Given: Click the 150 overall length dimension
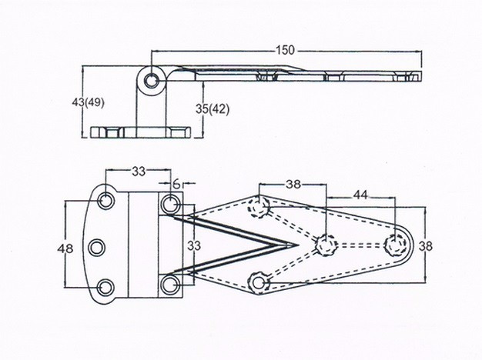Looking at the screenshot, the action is [x=286, y=50].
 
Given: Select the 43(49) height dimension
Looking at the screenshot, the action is [x=89, y=102].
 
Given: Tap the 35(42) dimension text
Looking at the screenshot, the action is [x=213, y=109].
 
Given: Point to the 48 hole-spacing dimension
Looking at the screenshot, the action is [x=65, y=248].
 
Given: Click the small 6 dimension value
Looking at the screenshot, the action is [x=176, y=184].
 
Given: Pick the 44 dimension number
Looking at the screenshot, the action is [x=360, y=195].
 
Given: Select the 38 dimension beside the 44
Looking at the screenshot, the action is [x=293, y=185].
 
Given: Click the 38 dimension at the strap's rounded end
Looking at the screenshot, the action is [x=426, y=245].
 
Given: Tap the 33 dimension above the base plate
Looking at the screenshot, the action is [x=139, y=172].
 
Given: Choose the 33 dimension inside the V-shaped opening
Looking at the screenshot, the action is [x=194, y=245].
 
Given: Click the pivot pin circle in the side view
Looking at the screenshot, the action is [x=151, y=81].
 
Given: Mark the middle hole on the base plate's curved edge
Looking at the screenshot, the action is [x=97, y=247].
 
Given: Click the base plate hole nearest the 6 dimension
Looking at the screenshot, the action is [x=169, y=204].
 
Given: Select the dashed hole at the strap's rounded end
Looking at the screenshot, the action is [x=393, y=245].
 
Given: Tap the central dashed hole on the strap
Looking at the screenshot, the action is [x=326, y=245].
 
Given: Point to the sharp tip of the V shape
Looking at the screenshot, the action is [x=298, y=245].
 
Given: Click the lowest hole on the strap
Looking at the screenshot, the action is [x=259, y=282].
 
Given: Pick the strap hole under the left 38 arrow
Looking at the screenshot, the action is [x=259, y=207].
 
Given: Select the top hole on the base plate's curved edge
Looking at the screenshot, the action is [x=106, y=200].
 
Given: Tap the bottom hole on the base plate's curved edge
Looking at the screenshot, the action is [x=105, y=288].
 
